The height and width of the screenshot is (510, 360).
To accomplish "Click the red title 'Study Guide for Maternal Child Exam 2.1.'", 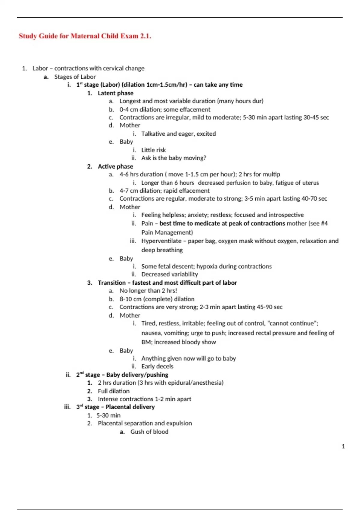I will (85, 36).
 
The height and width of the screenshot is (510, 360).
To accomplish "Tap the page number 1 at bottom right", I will (343, 446).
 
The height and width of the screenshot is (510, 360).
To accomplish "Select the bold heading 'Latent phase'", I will (115, 93).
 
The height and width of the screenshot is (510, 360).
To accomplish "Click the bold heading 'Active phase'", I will (115, 166).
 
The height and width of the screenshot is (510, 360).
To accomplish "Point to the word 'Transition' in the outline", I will (112, 283).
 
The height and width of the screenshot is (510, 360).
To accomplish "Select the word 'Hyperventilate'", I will (161, 241).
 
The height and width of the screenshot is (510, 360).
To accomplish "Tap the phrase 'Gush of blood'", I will (149, 432).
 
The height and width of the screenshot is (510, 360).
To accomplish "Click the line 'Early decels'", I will (157, 366).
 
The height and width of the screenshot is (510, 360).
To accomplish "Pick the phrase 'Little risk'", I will (153, 150).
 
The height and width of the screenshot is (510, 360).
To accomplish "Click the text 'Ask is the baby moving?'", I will (174, 158).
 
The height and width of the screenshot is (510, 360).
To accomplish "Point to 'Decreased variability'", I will (169, 274).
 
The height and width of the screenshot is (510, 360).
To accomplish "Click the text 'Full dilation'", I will (114, 391).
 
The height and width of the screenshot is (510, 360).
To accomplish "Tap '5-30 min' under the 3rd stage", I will (108, 415).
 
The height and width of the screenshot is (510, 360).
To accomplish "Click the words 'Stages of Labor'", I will (75, 77).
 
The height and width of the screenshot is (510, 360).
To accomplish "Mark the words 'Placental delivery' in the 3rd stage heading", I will (130, 407).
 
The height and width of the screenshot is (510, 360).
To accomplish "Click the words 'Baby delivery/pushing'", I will (137, 375).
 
